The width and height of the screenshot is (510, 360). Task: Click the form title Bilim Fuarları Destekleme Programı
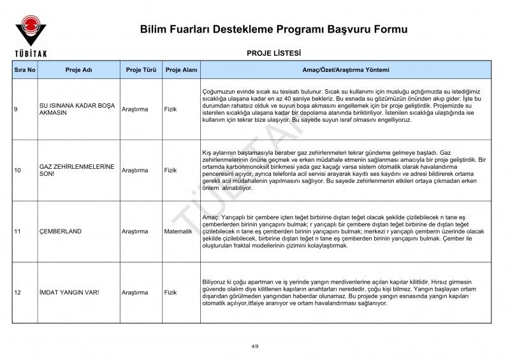click(x=273, y=29)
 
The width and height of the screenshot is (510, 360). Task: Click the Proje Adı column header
click(x=78, y=69)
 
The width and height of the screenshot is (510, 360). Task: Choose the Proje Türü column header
click(x=141, y=69)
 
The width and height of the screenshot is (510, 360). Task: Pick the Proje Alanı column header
click(x=181, y=69)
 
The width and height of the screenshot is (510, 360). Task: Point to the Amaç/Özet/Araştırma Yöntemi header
click(x=346, y=69)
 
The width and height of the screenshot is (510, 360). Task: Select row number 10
click(x=18, y=170)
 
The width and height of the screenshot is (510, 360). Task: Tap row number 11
click(x=17, y=231)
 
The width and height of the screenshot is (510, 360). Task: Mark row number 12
click(x=18, y=292)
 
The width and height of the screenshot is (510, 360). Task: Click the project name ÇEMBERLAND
click(x=61, y=231)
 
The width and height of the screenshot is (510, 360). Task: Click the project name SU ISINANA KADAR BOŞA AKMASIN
click(x=76, y=110)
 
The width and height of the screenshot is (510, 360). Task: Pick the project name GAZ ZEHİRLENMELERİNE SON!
click(x=76, y=170)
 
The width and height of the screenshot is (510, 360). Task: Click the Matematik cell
click(x=178, y=231)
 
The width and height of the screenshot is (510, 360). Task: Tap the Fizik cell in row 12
click(x=170, y=292)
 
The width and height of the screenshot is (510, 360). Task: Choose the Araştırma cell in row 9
click(x=135, y=110)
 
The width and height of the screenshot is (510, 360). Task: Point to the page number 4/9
click(x=255, y=346)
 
